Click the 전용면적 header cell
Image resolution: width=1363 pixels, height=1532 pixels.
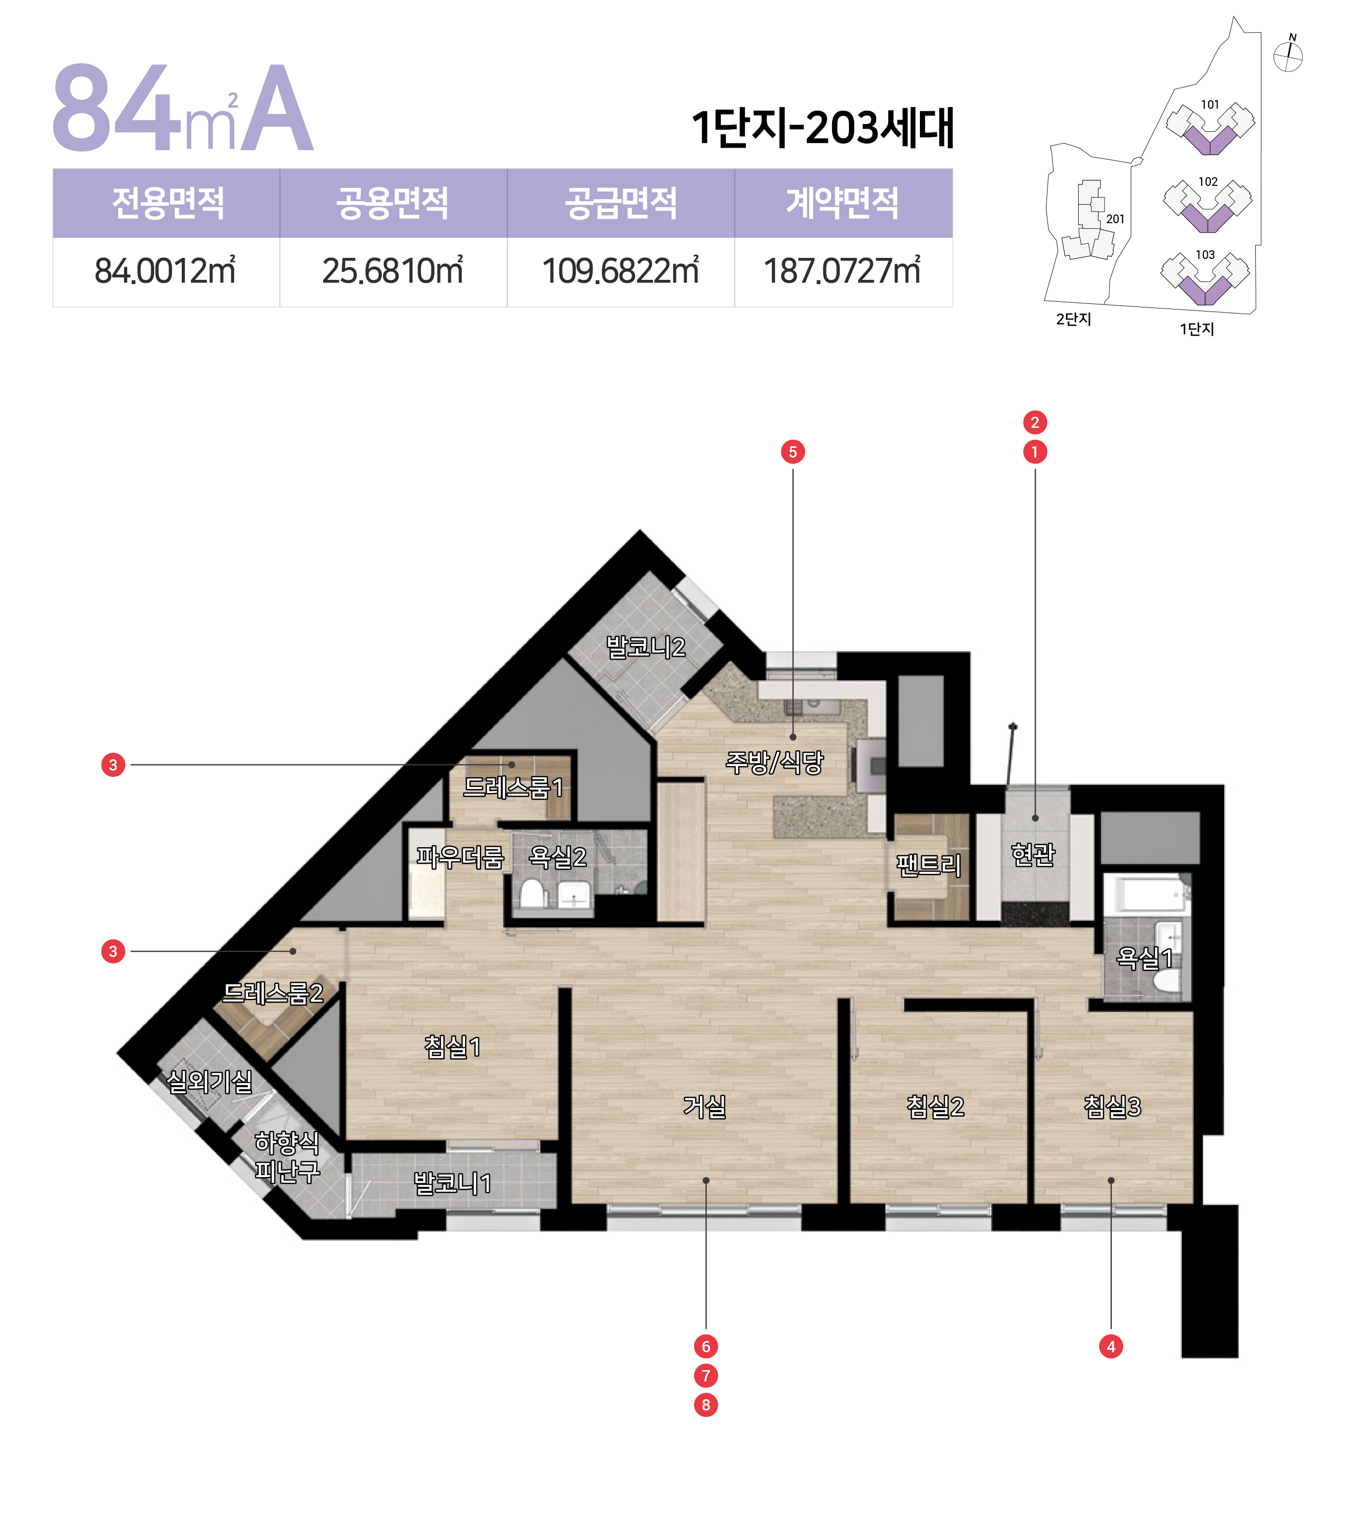[x=167, y=203]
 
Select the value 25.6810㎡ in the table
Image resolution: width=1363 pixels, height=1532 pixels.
[x=393, y=271]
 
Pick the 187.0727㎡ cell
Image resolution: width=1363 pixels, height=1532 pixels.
[x=842, y=271]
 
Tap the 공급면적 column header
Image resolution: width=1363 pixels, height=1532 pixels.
[x=620, y=203]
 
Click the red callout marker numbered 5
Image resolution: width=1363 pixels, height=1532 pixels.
[x=793, y=452]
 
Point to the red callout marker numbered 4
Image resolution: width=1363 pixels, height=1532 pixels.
[x=1110, y=1346]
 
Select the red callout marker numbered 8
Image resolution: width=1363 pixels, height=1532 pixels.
[x=705, y=1404]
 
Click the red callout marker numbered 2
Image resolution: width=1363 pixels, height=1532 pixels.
[x=1035, y=423]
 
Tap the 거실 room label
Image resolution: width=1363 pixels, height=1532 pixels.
[x=704, y=1106]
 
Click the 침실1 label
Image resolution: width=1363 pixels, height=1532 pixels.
[x=452, y=1046]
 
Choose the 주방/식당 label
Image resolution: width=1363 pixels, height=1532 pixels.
[x=774, y=762]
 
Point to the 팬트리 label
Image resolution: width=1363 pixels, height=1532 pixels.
[x=929, y=866]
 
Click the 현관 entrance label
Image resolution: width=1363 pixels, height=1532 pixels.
[x=1033, y=854]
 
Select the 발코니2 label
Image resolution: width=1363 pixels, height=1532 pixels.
[x=645, y=647]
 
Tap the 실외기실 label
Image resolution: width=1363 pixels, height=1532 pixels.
[x=209, y=1081]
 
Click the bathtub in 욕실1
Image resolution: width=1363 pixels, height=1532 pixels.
[x=1147, y=893]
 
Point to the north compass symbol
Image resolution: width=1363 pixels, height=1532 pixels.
[x=1288, y=55]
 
